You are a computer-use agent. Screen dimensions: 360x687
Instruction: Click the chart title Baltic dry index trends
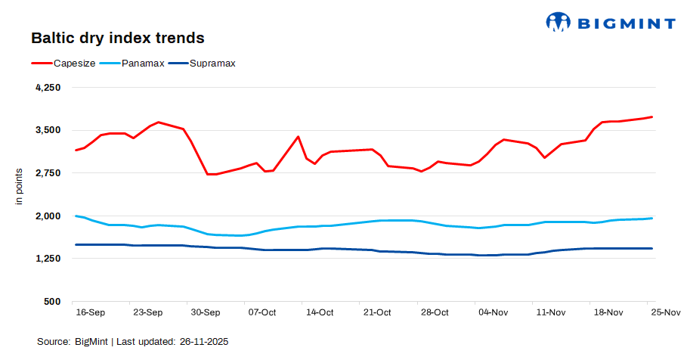pyautogui.click(x=117, y=37)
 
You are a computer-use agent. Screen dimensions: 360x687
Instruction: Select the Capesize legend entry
pyautogui.click(x=74, y=64)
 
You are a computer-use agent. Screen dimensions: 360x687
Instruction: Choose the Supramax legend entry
pyautogui.click(x=212, y=64)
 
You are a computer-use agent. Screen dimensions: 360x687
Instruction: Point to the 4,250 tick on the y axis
pyautogui.click(x=48, y=88)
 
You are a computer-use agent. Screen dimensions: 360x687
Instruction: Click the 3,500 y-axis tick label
pyautogui.click(x=48, y=130)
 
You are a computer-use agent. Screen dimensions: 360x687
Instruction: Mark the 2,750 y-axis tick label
pyautogui.click(x=48, y=173)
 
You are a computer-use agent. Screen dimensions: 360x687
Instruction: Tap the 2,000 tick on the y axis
pyautogui.click(x=48, y=216)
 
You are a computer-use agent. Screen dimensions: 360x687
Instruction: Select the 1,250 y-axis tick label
pyautogui.click(x=48, y=259)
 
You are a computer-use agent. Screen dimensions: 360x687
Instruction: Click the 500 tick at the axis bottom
pyautogui.click(x=52, y=302)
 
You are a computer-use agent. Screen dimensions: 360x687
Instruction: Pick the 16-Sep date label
pyautogui.click(x=90, y=312)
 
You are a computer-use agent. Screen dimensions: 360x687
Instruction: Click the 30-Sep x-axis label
pyautogui.click(x=205, y=312)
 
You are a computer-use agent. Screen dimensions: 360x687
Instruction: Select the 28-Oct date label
pyautogui.click(x=435, y=312)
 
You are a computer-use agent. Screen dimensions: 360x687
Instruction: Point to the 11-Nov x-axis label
pyautogui.click(x=550, y=312)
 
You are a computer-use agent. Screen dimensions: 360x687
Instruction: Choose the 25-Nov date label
pyautogui.click(x=665, y=312)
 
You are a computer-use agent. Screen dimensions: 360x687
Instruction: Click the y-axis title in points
pyautogui.click(x=20, y=186)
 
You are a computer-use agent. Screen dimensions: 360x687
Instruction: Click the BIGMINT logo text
pyautogui.click(x=626, y=23)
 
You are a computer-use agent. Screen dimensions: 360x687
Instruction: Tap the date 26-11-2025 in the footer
pyautogui.click(x=204, y=342)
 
